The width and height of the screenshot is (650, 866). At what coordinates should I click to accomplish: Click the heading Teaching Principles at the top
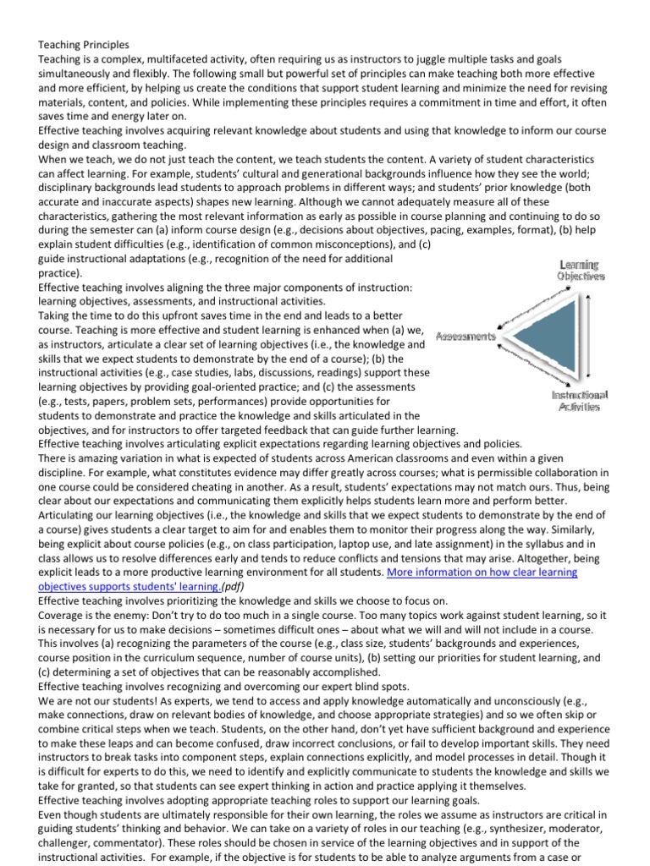(x=83, y=43)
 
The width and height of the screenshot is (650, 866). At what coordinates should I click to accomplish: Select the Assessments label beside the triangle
(x=465, y=336)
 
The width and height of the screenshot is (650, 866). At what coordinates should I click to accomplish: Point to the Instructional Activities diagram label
(x=580, y=401)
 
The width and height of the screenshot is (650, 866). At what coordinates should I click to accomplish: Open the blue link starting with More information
(x=482, y=573)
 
